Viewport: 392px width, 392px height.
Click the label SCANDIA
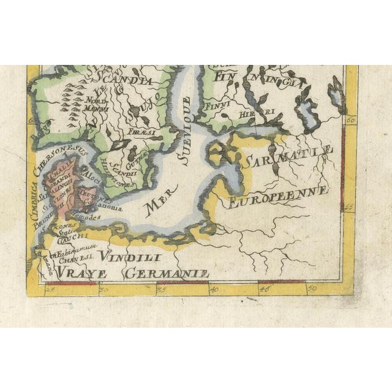click(x=132, y=81)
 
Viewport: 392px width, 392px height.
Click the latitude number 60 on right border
click(x=350, y=121)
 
